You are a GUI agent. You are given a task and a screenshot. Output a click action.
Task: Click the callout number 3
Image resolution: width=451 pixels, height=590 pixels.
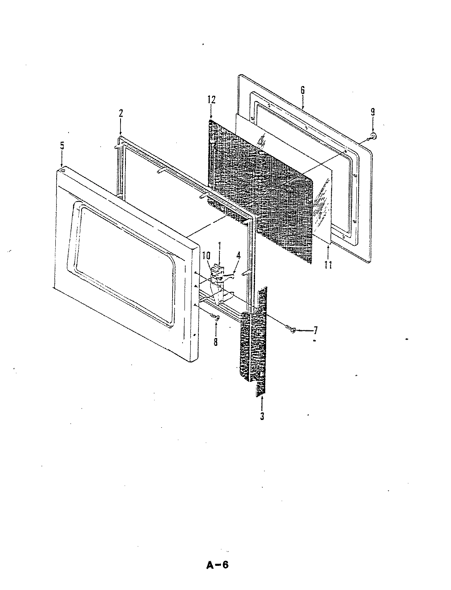point(262,416)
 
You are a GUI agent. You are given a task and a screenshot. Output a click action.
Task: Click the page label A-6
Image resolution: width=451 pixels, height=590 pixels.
point(217,565)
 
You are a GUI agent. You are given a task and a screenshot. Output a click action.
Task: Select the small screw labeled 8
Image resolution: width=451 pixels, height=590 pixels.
point(215,316)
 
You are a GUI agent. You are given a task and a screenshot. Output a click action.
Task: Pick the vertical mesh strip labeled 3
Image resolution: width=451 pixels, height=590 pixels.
point(254,344)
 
